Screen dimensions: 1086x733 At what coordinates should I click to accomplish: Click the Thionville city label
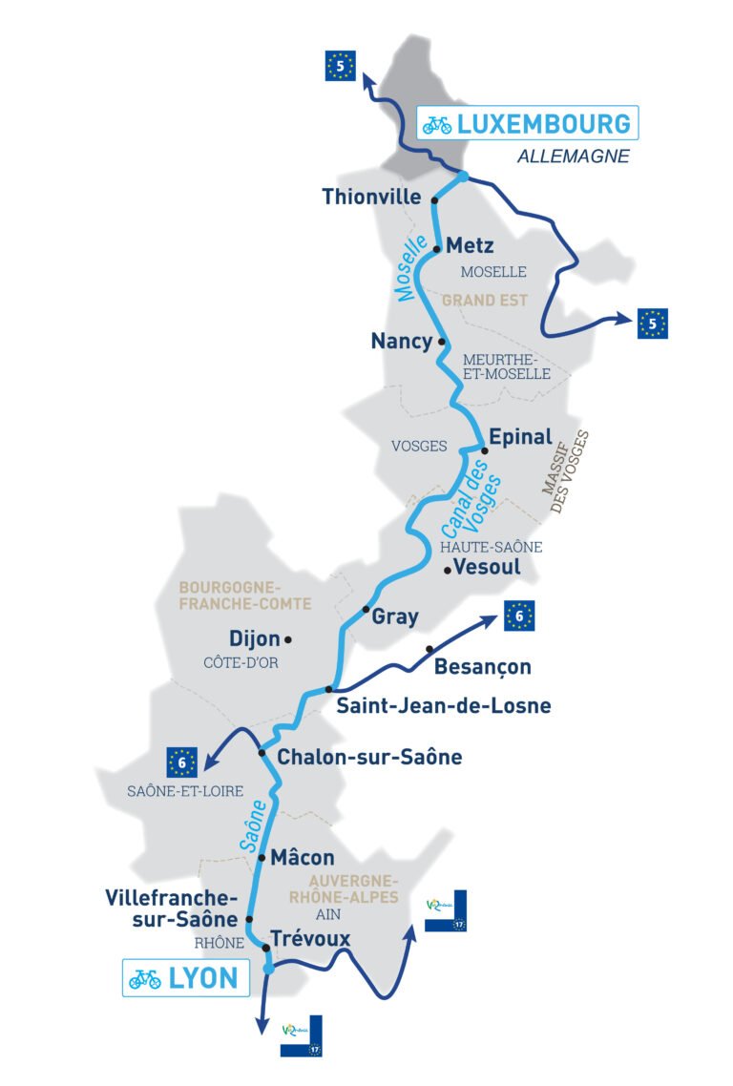(x=372, y=198)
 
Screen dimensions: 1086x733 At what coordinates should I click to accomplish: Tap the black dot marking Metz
(x=436, y=250)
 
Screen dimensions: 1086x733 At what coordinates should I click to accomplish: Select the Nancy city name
(x=401, y=342)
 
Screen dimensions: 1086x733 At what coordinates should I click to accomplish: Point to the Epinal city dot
(x=484, y=449)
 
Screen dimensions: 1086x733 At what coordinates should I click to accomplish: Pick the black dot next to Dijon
(x=286, y=639)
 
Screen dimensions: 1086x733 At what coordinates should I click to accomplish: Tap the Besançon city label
(x=482, y=666)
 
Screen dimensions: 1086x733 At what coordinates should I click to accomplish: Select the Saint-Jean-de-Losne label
(x=443, y=706)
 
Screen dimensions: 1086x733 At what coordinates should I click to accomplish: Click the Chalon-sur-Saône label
(x=369, y=757)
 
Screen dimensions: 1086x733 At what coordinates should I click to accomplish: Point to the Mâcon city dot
(x=262, y=857)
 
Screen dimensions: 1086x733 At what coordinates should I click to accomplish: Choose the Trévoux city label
(x=310, y=939)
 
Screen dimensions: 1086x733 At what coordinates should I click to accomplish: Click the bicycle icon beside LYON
(x=145, y=979)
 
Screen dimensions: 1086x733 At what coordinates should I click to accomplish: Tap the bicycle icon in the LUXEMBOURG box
(x=437, y=124)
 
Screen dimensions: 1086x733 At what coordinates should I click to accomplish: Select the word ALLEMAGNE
(x=574, y=157)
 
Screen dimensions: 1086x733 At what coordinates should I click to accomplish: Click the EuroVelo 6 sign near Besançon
(x=518, y=616)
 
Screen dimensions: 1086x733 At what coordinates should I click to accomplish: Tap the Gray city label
(x=394, y=616)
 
